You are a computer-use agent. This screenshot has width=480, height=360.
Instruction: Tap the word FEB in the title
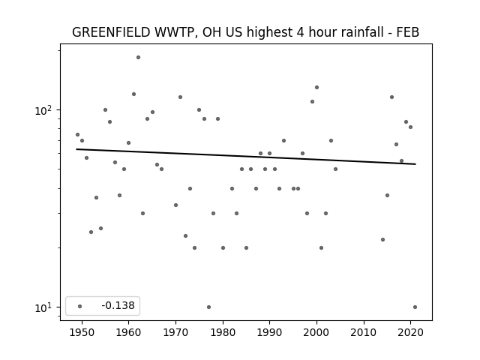pyautogui.click(x=408, y=32)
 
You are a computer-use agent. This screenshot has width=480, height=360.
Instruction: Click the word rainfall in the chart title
pyautogui.click(x=361, y=32)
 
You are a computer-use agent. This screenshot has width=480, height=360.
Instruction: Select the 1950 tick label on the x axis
pyautogui.click(x=82, y=332)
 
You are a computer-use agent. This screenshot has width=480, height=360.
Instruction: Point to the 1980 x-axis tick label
pyautogui.click(x=223, y=332)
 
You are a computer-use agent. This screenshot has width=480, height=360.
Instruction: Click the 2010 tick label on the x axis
pyautogui.click(x=364, y=332)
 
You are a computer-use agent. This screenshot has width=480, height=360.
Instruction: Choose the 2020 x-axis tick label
pyautogui.click(x=411, y=332)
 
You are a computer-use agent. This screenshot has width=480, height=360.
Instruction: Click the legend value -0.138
pyautogui.click(x=118, y=305)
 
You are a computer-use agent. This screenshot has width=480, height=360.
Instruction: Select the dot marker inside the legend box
pyautogui.click(x=80, y=306)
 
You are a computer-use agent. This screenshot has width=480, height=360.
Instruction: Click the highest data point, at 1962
pyautogui.click(x=138, y=57)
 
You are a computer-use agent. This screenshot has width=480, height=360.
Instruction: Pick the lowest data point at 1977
pyautogui.click(x=208, y=307)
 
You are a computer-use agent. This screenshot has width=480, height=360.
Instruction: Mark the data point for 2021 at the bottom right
pyautogui.click(x=415, y=307)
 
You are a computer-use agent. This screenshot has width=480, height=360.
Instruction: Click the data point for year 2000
pyautogui.click(x=316, y=87)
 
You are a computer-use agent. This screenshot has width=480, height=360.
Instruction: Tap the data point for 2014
pyautogui.click(x=382, y=239)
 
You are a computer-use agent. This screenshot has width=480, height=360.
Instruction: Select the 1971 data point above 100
pyautogui.click(x=180, y=97)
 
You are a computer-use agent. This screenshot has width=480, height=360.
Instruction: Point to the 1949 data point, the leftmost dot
pyautogui.click(x=77, y=134)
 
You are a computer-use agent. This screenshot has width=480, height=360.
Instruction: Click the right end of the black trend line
pyautogui.click(x=415, y=164)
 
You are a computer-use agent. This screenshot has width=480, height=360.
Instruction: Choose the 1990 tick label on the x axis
pyautogui.click(x=270, y=332)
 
